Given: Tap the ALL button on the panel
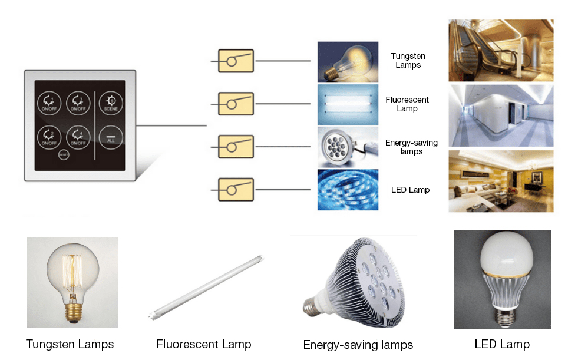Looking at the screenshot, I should coord(111,136).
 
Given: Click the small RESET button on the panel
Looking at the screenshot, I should coord(63,154).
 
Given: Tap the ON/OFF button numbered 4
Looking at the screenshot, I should coord(78,136).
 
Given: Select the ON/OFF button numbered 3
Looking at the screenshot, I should coord(49,136).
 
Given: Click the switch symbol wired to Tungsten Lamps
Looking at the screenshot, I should coord(236,61).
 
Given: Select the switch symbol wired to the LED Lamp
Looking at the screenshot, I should coord(236,190).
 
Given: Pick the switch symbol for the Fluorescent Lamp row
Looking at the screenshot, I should coord(236,104).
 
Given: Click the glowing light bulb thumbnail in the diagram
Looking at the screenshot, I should coord(347,61).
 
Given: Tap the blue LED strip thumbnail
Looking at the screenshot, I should coord(347,189).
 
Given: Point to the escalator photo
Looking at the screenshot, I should coord(501,50).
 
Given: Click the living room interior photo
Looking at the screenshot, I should coord(501,181).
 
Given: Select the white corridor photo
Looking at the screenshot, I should coord(501,115).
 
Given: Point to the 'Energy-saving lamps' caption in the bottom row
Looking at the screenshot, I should coord(358,345).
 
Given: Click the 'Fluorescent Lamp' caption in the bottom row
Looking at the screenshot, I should coord(204,344).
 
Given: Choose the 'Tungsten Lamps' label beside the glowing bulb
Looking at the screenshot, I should coord(408,61).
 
